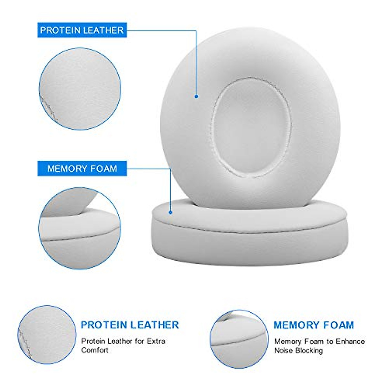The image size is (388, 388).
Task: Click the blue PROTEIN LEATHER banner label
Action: pyautogui.click(x=82, y=30)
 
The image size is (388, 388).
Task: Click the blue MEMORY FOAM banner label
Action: pyautogui.click(x=82, y=168)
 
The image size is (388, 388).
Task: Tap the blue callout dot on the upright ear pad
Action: pyautogui.click(x=196, y=96)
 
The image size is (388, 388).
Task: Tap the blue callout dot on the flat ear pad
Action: pyautogui.click(x=170, y=212)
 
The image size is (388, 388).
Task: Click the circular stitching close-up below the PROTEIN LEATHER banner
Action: pyautogui.click(x=80, y=89)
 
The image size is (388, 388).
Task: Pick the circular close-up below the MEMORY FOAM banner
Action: pyautogui.click(x=80, y=228)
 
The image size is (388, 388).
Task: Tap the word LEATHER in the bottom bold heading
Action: pyautogui.click(x=154, y=325)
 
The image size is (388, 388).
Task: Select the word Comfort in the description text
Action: pyautogui.click(x=95, y=350)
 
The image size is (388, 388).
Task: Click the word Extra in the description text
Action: pyautogui.click(x=156, y=341)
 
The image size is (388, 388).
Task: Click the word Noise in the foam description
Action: pyautogui.click(x=283, y=350)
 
